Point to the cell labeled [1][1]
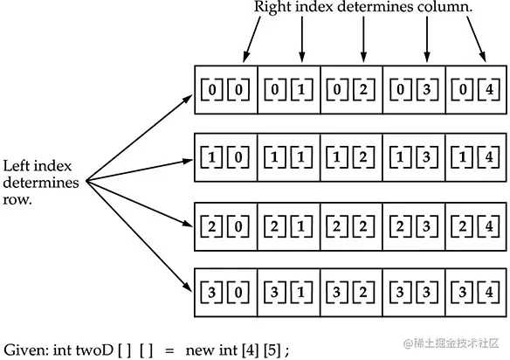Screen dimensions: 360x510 (289, 156)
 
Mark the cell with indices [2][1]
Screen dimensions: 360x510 (289, 221)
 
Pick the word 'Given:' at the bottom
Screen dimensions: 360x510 (24, 348)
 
